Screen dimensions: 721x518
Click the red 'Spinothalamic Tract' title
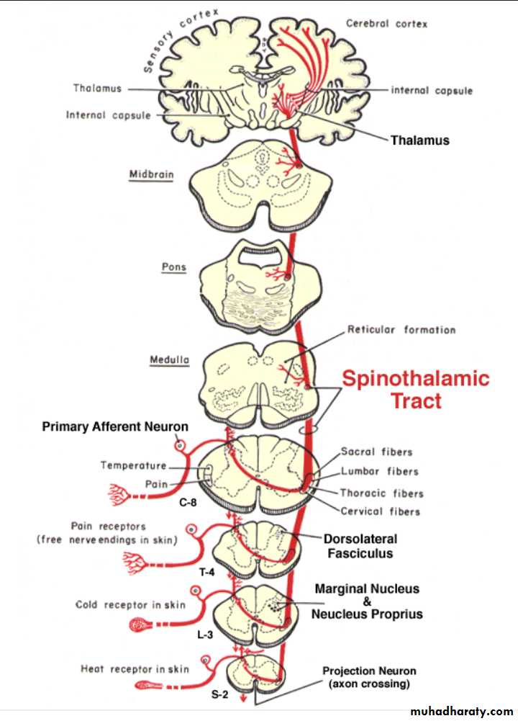(x=415, y=390)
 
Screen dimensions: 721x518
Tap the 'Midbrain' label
(x=151, y=174)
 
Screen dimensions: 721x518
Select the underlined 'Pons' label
(x=173, y=267)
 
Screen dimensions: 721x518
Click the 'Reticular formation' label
(x=401, y=330)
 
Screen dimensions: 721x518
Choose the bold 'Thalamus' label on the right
(x=419, y=140)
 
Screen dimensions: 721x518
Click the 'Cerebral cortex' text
(x=386, y=24)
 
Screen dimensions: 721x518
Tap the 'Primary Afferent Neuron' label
(x=115, y=427)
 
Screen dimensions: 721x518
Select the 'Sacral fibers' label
(x=378, y=452)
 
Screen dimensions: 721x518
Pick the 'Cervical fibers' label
(x=381, y=511)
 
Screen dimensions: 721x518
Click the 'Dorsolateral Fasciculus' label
(x=360, y=546)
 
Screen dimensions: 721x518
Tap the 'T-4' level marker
(x=206, y=572)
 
